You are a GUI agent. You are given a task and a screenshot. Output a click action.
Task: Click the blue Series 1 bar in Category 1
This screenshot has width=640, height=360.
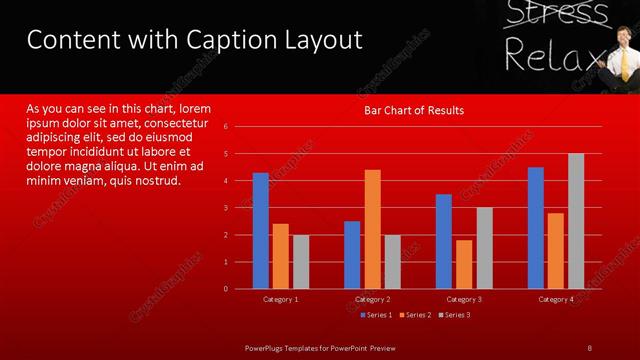point(261,230)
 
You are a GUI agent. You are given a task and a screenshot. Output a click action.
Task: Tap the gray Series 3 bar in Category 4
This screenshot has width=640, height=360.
point(576,221)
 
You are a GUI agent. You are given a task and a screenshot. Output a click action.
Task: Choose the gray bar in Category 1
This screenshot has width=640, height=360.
point(301,262)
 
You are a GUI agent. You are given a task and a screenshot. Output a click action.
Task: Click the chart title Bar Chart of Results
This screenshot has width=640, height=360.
point(414,110)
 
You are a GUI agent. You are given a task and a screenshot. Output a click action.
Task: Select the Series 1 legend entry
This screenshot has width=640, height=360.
point(375,315)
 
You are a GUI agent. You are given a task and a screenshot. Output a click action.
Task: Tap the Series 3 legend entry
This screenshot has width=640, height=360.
point(453,315)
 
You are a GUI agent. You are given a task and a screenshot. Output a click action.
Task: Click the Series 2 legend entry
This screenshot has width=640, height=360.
point(414,315)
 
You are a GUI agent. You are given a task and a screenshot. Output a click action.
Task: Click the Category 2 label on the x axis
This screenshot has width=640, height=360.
point(372,299)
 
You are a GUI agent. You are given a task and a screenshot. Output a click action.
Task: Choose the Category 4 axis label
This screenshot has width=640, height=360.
point(556,299)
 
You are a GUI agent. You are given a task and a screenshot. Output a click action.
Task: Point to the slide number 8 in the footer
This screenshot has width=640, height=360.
point(589,347)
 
